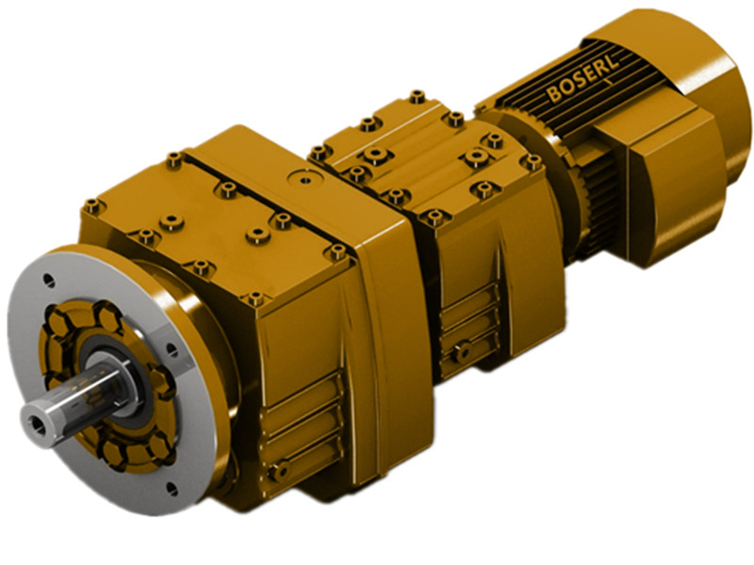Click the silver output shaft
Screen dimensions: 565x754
pyautogui.click(x=75, y=395)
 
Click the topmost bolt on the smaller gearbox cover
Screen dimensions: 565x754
pyautogui.click(x=416, y=96)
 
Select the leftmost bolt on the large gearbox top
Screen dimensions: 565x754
pyautogui.click(x=91, y=204)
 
